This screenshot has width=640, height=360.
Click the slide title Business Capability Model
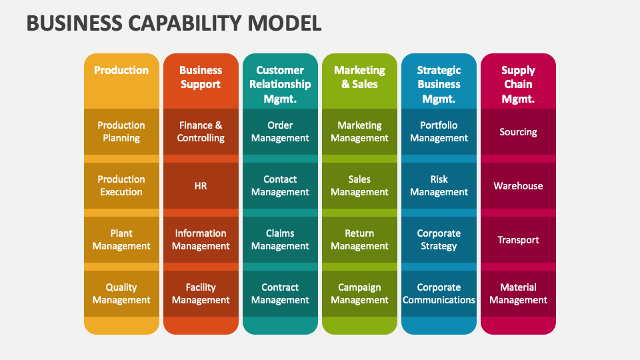[174, 23]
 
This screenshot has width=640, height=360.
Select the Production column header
[121, 71]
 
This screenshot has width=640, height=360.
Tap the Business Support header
[201, 77]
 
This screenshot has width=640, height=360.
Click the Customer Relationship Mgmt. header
[280, 84]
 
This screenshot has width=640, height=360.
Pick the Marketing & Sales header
[359, 77]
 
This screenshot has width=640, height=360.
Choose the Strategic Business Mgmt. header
[439, 84]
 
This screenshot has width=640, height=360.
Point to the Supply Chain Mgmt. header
[518, 84]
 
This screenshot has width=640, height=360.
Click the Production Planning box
[121, 132]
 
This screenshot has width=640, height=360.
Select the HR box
[201, 186]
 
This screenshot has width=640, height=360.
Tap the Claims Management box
[280, 240]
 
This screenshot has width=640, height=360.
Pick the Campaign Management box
[359, 294]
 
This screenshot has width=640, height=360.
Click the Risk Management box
[439, 186]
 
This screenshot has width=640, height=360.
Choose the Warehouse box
[518, 186]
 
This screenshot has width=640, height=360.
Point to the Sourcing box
[518, 132]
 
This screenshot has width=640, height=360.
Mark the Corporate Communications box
[439, 294]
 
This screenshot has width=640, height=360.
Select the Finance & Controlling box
[201, 132]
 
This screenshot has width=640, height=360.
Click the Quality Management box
[121, 294]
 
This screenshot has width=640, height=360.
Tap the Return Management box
[359, 240]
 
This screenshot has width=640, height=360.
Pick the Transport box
[518, 240]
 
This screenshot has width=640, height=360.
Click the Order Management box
[280, 132]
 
